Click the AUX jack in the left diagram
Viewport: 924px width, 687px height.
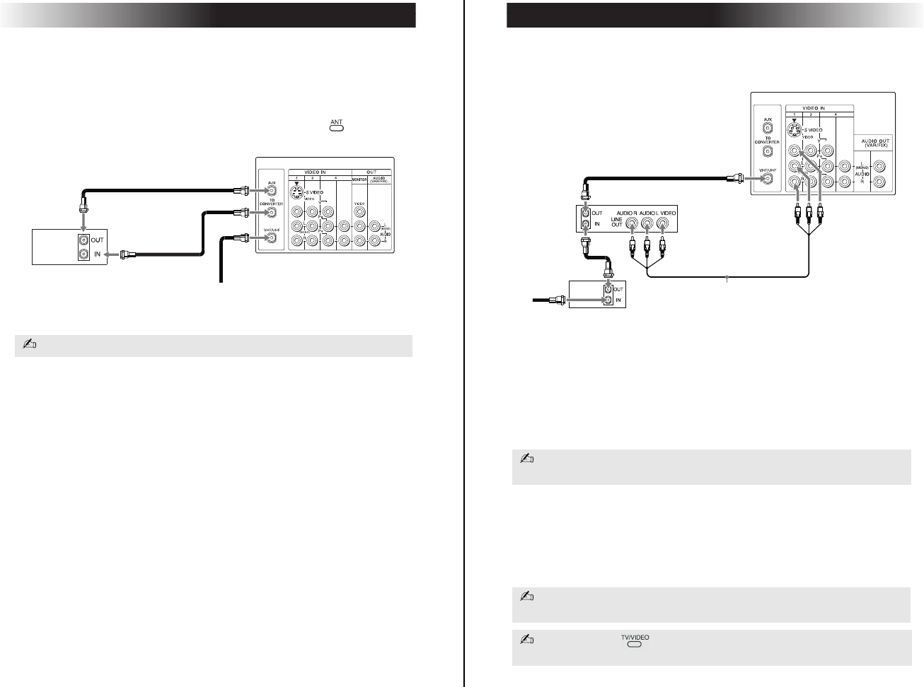click(x=270, y=190)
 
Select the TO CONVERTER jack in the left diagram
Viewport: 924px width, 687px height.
click(x=270, y=212)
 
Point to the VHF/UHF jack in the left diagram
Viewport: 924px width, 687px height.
click(x=270, y=238)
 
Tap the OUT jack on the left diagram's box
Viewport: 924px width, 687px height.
click(x=84, y=240)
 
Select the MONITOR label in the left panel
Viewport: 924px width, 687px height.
click(x=359, y=180)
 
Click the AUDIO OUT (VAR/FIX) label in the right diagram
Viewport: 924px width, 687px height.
click(x=874, y=143)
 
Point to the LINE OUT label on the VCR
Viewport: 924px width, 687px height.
click(x=617, y=222)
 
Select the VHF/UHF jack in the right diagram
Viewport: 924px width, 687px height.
click(x=766, y=179)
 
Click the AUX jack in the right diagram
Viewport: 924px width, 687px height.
click(x=767, y=129)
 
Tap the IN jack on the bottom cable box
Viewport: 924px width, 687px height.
click(x=608, y=300)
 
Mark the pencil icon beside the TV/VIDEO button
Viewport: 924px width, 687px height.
click(x=526, y=640)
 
